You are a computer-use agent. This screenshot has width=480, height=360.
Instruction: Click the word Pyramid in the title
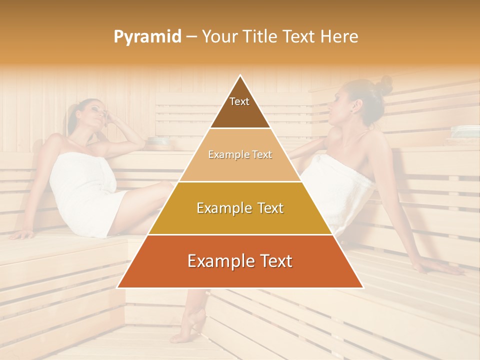point(147,37)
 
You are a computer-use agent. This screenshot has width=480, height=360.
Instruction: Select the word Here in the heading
point(339,36)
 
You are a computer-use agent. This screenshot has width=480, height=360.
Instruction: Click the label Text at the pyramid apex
point(239,101)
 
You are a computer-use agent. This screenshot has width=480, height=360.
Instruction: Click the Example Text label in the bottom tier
point(240,261)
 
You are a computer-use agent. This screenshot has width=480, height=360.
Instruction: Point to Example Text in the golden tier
point(240,208)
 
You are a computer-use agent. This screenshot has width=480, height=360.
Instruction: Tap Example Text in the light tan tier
point(240,155)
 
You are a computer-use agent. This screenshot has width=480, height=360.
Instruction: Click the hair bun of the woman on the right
point(384,85)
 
